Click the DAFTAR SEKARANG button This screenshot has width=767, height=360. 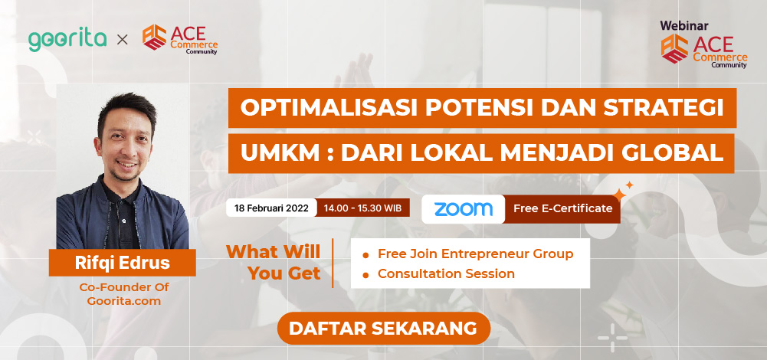pyautogui.click(x=383, y=328)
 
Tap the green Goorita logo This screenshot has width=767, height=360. pyautogui.click(x=67, y=40)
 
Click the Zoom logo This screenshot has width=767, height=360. pyautogui.click(x=464, y=209)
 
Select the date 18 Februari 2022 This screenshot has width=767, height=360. pyautogui.click(x=271, y=208)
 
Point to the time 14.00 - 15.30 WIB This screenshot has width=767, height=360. pyautogui.click(x=362, y=208)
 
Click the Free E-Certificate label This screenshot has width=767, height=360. pyautogui.click(x=562, y=208)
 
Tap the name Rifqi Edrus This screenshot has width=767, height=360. pyautogui.click(x=123, y=263)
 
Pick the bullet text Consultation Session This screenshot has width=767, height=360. pyautogui.click(x=446, y=273)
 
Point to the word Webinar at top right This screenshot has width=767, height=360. pyautogui.click(x=683, y=26)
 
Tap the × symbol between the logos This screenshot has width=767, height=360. pyautogui.click(x=123, y=40)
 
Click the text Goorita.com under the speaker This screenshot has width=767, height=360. pyautogui.click(x=124, y=301)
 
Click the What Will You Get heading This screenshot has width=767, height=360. pyautogui.click(x=273, y=263)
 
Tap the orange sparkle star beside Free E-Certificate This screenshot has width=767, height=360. pyautogui.click(x=619, y=195)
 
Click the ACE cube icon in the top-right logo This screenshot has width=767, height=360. pyautogui.click(x=674, y=48)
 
